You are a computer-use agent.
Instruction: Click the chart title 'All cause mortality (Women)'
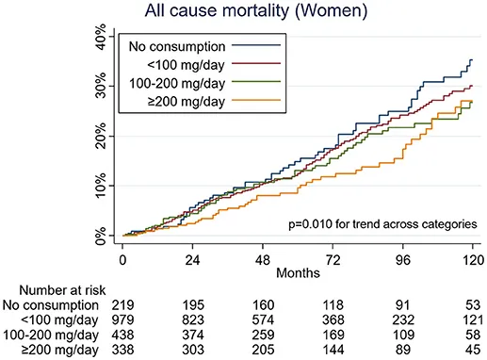point(255,11)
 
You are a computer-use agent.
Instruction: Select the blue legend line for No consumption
point(256,45)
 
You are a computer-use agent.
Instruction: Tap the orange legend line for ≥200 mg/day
point(256,100)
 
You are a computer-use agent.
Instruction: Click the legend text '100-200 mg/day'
point(177,84)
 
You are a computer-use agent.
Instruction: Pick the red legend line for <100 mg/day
point(256,63)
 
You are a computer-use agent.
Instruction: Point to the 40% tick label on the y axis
point(101,37)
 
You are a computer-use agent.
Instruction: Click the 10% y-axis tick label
point(101,186)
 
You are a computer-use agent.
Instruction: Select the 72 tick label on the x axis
point(333,260)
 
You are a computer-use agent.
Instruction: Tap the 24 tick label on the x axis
point(192,260)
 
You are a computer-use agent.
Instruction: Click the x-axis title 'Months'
point(298,272)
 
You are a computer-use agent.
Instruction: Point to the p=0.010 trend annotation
point(382,224)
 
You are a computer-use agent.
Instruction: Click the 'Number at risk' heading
point(62,290)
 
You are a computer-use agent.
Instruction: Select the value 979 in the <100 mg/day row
point(122,319)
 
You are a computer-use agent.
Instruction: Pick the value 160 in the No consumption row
point(263,305)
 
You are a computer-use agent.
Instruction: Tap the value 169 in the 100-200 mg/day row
point(333,335)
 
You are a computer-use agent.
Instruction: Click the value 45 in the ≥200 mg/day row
point(473,350)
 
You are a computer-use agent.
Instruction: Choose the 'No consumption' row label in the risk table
point(51,305)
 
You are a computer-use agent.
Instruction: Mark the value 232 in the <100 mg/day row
point(403,319)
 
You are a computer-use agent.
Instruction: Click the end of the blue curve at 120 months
point(472,59)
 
